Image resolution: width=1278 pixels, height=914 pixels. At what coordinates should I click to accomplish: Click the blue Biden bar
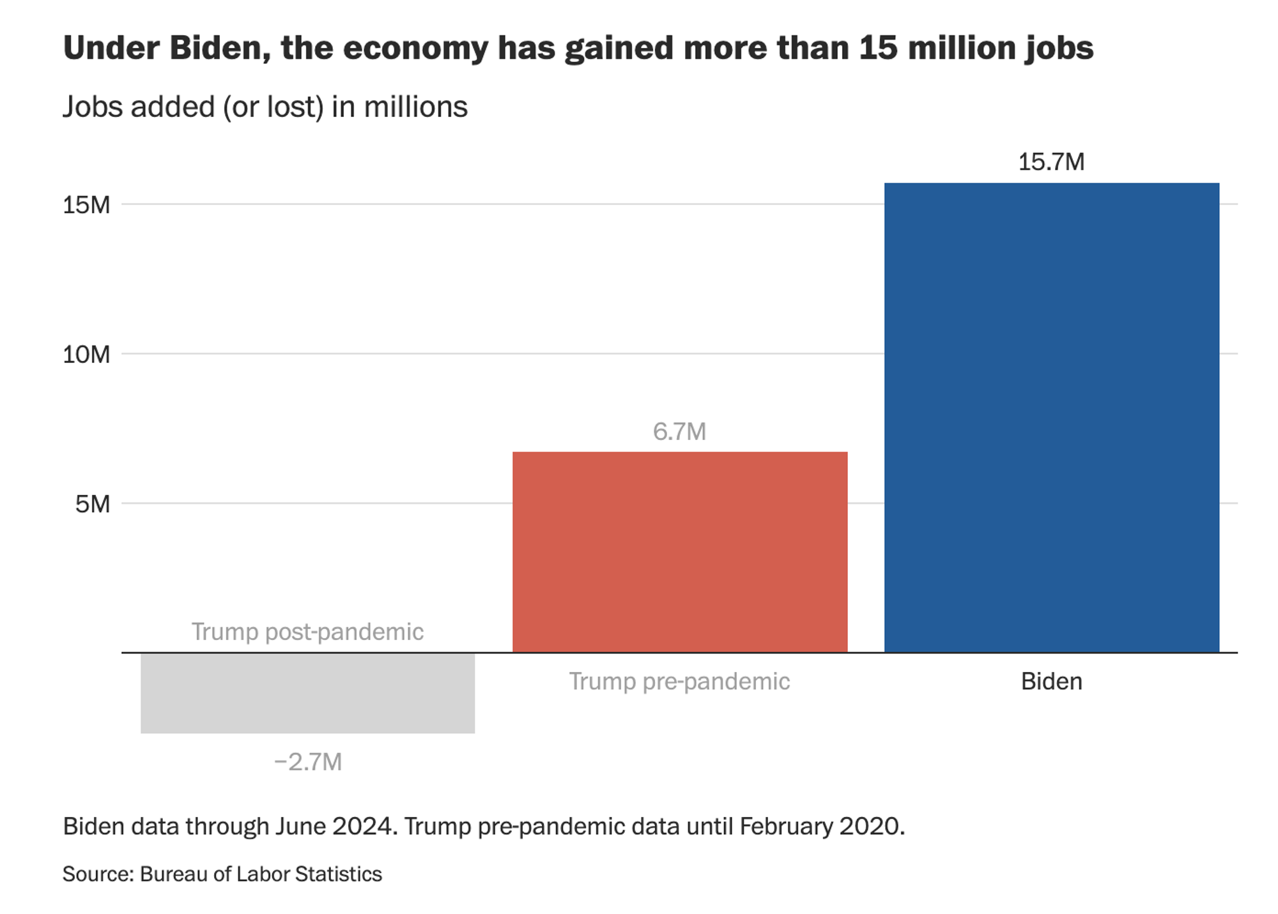click(1051, 418)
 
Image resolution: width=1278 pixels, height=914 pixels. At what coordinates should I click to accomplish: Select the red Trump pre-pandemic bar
click(680, 552)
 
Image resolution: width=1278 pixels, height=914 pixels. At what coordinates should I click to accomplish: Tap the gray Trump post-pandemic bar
click(307, 693)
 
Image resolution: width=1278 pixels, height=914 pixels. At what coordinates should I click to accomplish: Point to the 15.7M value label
click(1051, 162)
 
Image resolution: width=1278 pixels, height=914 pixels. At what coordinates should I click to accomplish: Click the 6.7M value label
click(679, 432)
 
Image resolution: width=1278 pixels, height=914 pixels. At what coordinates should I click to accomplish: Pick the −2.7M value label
click(307, 762)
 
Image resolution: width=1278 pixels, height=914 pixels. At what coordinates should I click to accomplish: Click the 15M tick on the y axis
click(86, 205)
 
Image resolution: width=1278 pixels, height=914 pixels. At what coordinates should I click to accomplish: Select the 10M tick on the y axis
click(86, 354)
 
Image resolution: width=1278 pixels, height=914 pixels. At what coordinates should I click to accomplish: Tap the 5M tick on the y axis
click(93, 505)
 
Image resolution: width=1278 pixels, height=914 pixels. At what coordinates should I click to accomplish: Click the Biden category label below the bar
click(1051, 682)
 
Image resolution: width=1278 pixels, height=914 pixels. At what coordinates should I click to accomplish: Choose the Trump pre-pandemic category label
click(679, 682)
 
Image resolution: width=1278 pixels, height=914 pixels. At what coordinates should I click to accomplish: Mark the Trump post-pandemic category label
click(307, 632)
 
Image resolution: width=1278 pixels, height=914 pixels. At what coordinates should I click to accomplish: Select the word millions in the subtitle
click(415, 107)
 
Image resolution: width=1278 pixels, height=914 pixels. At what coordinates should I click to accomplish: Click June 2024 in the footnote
click(336, 826)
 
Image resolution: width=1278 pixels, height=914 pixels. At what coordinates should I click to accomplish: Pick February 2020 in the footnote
click(822, 826)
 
